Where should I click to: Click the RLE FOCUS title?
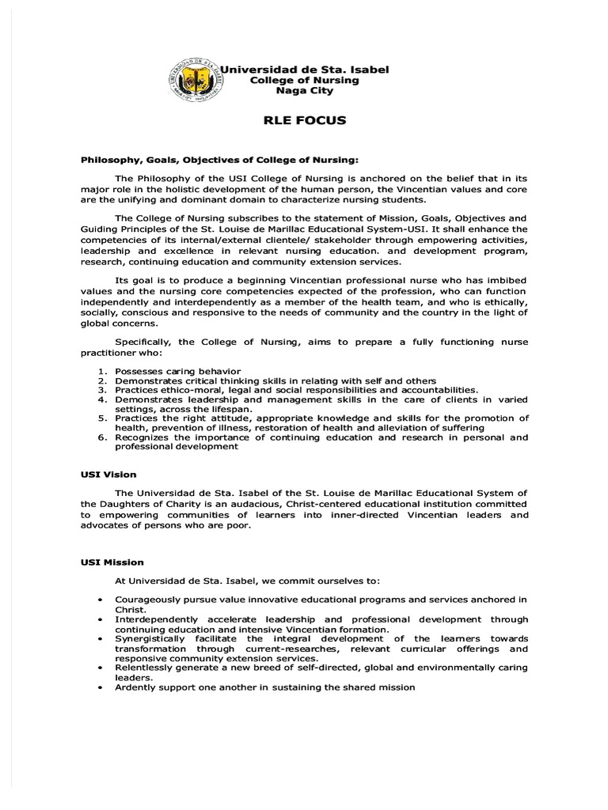304,121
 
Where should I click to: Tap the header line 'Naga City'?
304,91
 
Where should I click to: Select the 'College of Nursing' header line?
304,80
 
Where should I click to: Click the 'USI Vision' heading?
108,475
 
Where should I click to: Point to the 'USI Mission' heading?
112,562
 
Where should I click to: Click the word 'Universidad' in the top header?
252,70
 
